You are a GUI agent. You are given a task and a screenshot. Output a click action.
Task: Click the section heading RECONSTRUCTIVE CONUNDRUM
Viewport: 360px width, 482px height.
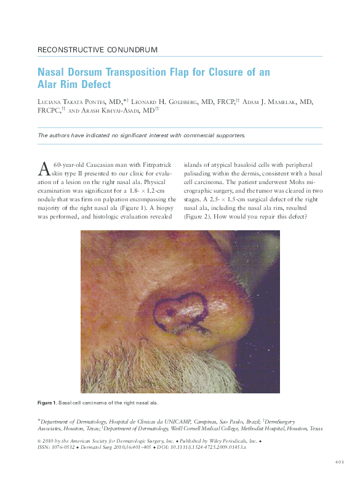pos(97,49)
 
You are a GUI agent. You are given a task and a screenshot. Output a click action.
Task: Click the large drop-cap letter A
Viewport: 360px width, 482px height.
pos(44,168)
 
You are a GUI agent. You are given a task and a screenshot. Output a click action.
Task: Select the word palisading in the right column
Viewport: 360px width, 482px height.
pos(204,174)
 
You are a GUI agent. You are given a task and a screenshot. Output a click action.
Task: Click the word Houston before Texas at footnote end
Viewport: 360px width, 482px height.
pos(292,428)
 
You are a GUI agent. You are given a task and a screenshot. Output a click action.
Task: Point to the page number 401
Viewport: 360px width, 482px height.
pos(342,460)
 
